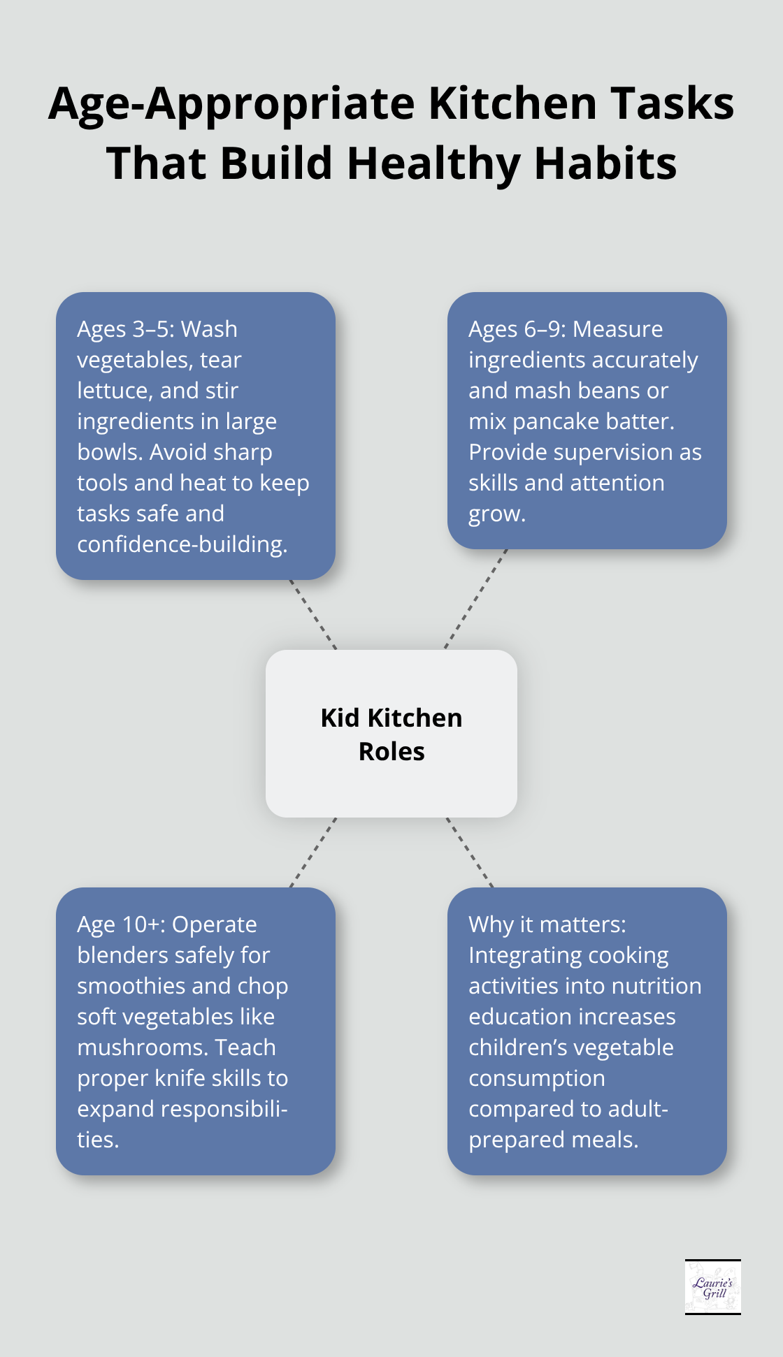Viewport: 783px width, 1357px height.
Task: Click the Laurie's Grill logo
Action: pos(712,1287)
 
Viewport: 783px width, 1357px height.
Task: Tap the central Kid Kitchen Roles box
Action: pos(391,734)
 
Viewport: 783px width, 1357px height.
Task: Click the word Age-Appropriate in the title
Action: pos(231,104)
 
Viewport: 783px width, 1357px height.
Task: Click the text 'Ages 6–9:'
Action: pos(517,329)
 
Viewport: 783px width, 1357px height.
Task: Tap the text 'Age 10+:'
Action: pos(122,924)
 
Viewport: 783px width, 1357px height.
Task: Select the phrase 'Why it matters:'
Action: pos(547,924)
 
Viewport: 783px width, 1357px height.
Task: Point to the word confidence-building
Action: pos(182,544)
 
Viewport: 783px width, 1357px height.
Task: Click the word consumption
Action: pos(537,1078)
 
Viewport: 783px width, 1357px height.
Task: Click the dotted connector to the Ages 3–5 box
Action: pos(313,614)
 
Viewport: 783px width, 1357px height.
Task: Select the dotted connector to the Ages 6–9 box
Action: pos(475,599)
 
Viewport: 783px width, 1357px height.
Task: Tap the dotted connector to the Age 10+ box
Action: pos(313,852)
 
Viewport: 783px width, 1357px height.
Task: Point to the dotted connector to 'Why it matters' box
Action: pos(470,852)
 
